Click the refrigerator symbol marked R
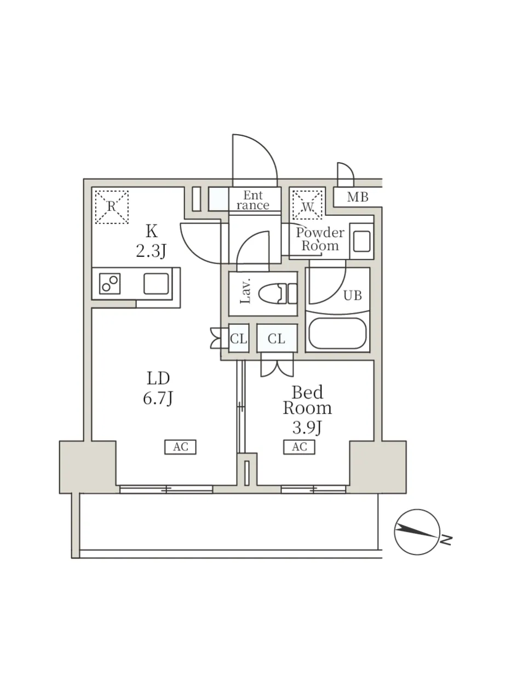click(112, 207)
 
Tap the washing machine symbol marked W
click(307, 205)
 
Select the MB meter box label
click(358, 197)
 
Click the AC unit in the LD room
click(180, 447)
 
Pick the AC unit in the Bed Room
click(299, 447)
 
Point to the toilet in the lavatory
click(278, 294)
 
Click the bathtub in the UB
click(337, 334)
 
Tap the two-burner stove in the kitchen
click(110, 283)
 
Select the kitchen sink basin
click(156, 284)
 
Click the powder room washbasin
click(362, 241)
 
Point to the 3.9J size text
click(307, 428)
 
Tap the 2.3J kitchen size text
click(151, 251)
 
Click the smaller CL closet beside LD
click(239, 339)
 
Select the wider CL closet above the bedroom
click(277, 339)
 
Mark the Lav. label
click(246, 294)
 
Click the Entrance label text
click(253, 201)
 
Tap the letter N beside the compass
click(447, 540)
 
